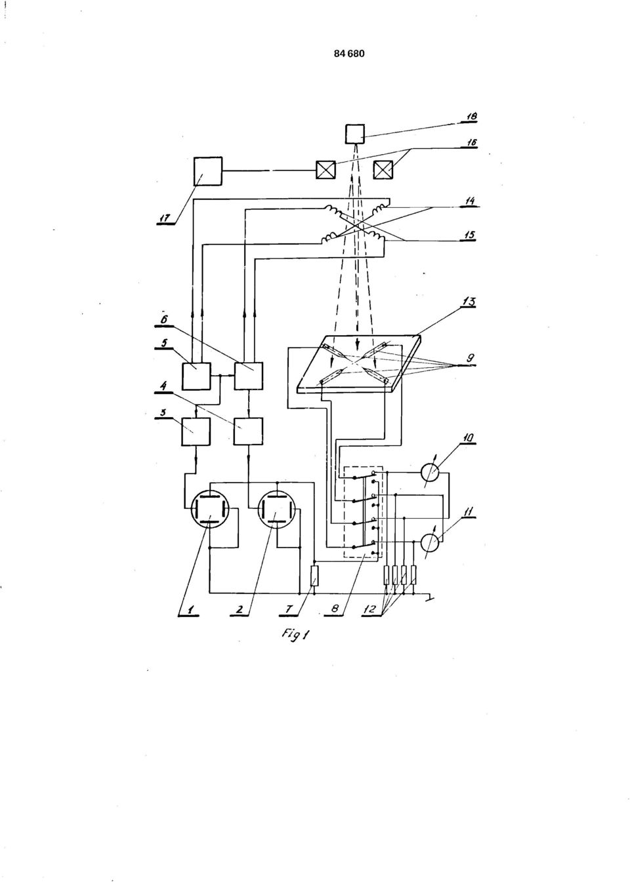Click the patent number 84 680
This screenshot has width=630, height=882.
click(x=349, y=54)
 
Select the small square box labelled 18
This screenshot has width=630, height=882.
click(x=355, y=134)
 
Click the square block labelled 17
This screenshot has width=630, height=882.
click(x=208, y=171)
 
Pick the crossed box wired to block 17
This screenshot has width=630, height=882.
click(x=326, y=170)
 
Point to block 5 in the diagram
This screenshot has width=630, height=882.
click(x=196, y=376)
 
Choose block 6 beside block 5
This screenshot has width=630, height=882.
click(x=249, y=376)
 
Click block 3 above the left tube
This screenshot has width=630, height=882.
click(x=196, y=431)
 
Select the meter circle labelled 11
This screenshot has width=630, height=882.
click(x=431, y=543)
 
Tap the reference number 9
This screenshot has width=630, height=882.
click(x=470, y=359)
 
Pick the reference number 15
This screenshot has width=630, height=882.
click(x=469, y=235)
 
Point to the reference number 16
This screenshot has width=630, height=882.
click(x=471, y=142)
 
